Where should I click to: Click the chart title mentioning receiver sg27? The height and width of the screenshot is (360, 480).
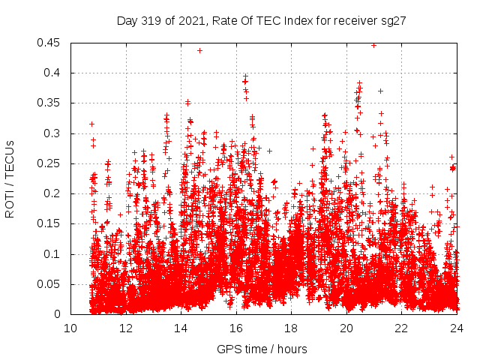(261, 21)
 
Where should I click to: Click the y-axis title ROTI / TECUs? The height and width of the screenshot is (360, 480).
(10, 178)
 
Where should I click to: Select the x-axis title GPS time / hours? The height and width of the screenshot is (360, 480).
(262, 349)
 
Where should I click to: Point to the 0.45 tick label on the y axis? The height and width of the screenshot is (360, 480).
(52, 43)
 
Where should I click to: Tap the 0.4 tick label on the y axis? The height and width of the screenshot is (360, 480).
(55, 73)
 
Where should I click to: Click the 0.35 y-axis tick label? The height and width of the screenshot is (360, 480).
(52, 103)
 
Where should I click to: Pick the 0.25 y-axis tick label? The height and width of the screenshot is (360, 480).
(52, 163)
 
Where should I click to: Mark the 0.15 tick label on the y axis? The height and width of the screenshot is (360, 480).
(52, 223)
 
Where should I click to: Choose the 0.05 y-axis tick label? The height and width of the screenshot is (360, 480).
(52, 284)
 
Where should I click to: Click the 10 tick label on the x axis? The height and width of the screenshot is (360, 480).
(70, 328)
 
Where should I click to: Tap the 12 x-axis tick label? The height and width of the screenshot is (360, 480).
(126, 328)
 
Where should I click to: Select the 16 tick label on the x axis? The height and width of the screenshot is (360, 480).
(236, 328)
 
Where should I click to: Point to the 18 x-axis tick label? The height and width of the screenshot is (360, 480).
(291, 328)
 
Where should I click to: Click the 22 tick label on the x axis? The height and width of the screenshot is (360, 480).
(401, 328)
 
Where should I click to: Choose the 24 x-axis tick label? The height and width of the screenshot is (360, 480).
(457, 328)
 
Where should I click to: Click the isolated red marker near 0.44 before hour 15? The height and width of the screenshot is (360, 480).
(199, 50)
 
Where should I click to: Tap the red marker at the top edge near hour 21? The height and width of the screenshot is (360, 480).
(373, 45)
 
